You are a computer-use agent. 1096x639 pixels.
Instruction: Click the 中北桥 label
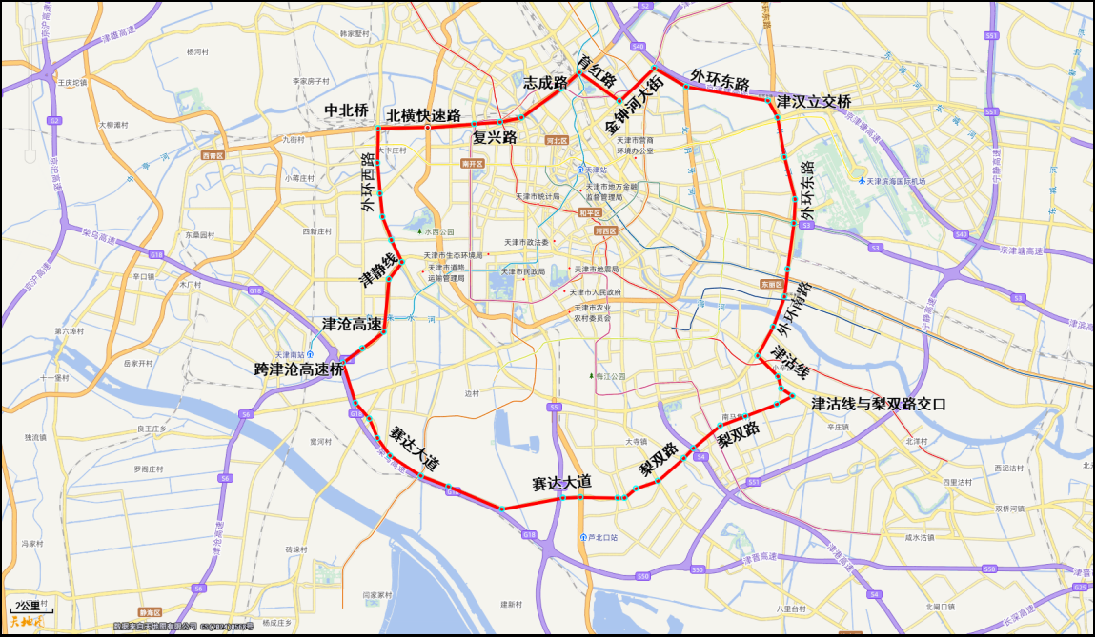click(346, 110)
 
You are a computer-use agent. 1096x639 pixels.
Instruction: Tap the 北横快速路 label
click(423, 115)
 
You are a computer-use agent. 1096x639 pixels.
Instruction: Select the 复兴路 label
click(495, 137)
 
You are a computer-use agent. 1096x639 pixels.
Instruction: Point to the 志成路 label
click(545, 82)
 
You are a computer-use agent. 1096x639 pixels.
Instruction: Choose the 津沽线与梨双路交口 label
click(878, 404)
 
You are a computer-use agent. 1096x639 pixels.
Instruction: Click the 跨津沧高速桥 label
click(298, 369)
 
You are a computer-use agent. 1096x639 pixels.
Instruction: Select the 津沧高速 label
click(350, 324)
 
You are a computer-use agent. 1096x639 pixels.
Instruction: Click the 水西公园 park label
click(439, 231)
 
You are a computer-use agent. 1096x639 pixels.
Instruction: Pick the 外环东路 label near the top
click(720, 78)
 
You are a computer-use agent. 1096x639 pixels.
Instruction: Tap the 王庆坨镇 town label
click(71, 82)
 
